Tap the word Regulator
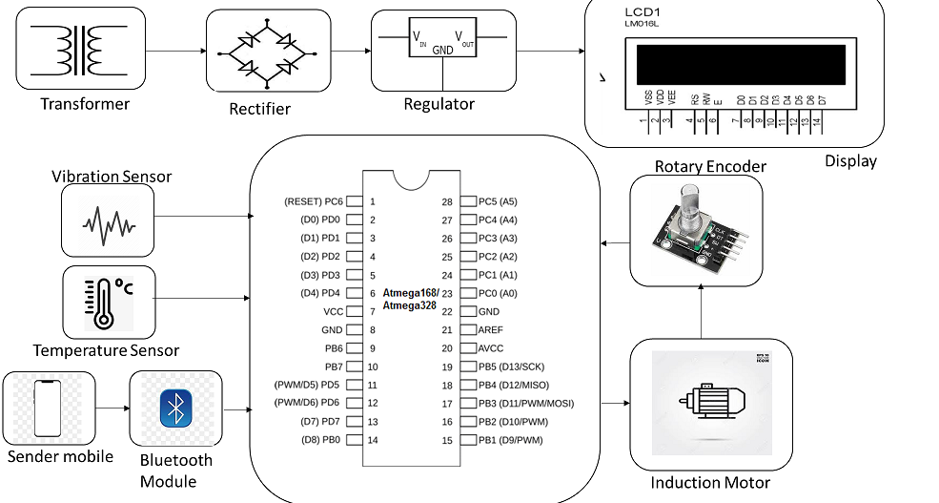point(439,104)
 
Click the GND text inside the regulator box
point(443,50)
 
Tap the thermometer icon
point(98,299)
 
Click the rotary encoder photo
point(697,230)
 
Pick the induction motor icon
point(710,402)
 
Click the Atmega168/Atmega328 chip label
point(409,299)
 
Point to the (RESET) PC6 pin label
point(313,201)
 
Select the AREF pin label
point(491,329)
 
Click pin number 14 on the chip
point(372,440)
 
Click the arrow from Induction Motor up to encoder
point(701,312)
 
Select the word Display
point(850,161)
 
